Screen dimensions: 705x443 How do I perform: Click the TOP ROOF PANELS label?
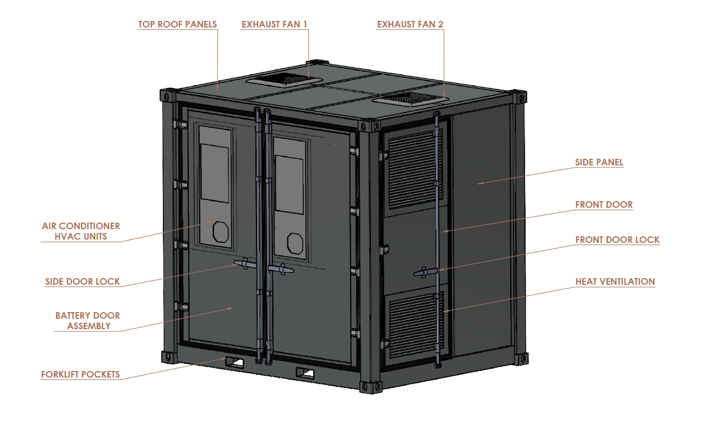[178, 25]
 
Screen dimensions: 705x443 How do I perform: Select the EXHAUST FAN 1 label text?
[274, 25]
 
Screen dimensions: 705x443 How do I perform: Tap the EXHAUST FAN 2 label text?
[410, 25]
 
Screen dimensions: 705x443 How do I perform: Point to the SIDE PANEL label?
[599, 162]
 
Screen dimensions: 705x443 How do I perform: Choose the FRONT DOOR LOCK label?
[617, 240]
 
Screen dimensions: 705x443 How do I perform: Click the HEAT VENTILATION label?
[615, 281]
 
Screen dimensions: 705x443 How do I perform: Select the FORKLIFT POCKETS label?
[80, 374]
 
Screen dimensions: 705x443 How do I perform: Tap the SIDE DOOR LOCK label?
[82, 281]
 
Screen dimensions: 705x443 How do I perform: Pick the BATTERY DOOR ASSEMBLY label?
[88, 320]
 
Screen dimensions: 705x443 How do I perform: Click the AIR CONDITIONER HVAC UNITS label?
[81, 231]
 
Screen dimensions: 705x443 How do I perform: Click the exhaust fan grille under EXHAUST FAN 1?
[284, 80]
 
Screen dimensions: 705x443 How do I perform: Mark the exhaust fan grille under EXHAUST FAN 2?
[410, 98]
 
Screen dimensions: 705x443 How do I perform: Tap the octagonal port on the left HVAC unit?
[221, 232]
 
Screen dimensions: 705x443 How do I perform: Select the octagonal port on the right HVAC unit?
[295, 243]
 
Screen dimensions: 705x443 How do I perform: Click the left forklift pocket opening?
[234, 363]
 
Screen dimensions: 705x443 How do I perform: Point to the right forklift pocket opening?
[305, 373]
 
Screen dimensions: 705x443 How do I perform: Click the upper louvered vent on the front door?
[416, 169]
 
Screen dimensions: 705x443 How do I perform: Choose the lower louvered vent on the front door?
[416, 325]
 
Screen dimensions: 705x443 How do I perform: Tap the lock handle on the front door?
[425, 273]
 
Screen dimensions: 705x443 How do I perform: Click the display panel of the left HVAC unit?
[215, 173]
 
